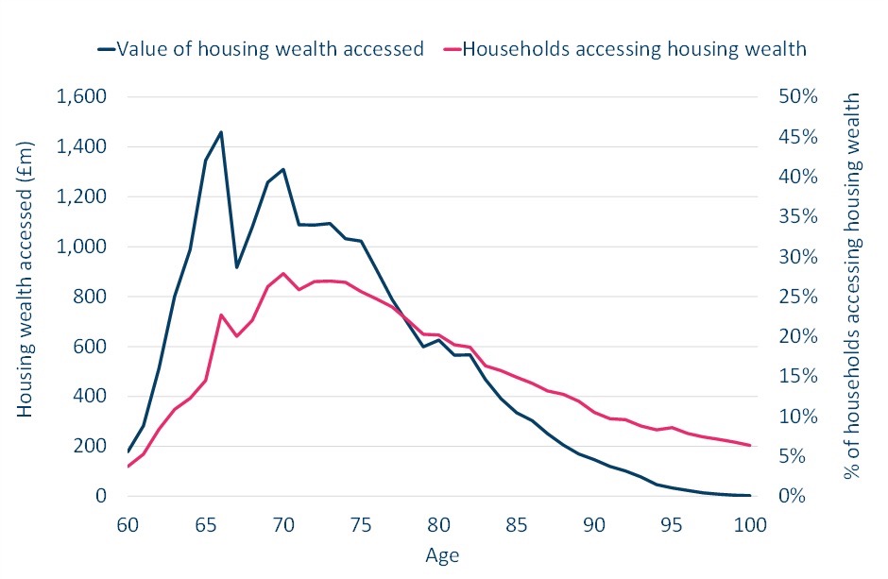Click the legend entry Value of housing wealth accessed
pyautogui.click(x=270, y=49)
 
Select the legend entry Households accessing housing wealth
pyautogui.click(x=634, y=49)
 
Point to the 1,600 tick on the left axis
pyautogui.click(x=81, y=97)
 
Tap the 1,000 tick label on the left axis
pyautogui.click(x=81, y=247)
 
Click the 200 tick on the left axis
pyautogui.click(x=91, y=446)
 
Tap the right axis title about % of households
pyautogui.click(x=854, y=285)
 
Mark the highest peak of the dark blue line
pyautogui.click(x=221, y=132)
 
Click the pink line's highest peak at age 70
pyautogui.click(x=283, y=273)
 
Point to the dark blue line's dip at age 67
pyautogui.click(x=237, y=267)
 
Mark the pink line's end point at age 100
pyautogui.click(x=750, y=445)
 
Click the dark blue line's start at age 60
pyautogui.click(x=128, y=451)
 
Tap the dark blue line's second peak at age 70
pyautogui.click(x=283, y=169)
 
